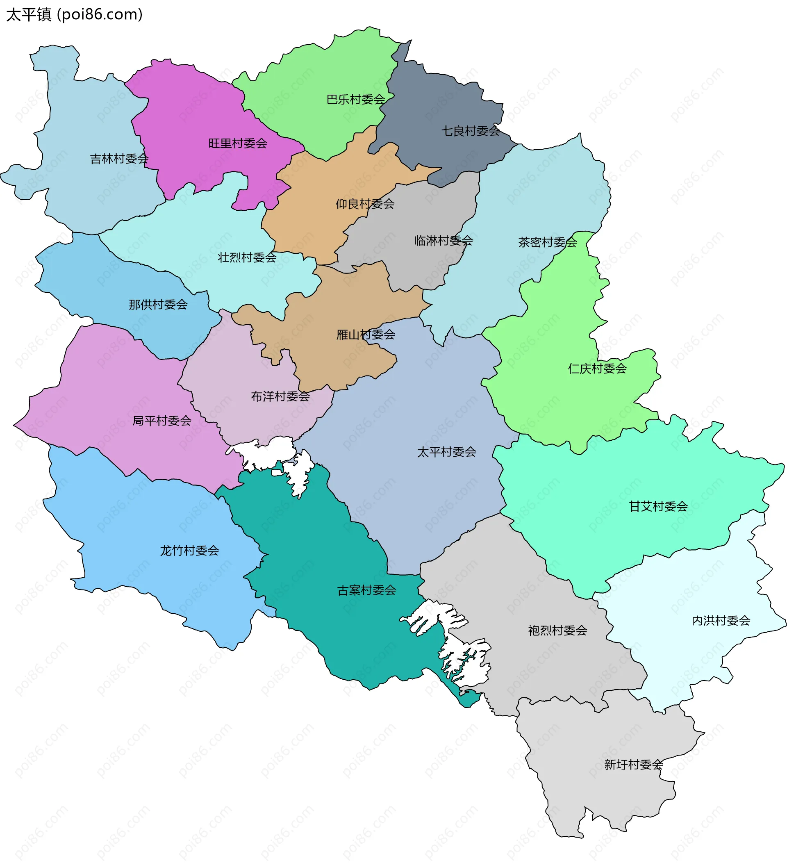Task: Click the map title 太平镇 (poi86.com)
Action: pos(74,15)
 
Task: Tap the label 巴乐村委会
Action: pos(356,100)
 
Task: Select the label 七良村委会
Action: pos(471,131)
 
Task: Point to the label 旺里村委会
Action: pos(238,143)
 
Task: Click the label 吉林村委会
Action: pos(119,159)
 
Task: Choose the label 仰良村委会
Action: pos(365,204)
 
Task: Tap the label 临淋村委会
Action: pos(444,241)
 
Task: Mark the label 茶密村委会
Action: pos(548,242)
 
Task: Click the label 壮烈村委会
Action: pos(247,257)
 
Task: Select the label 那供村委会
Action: pos(158,305)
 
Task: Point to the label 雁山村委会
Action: pos(366,335)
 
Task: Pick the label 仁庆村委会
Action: pos(597,369)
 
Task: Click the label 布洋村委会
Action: pos(280,396)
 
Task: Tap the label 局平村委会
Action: pos(162,421)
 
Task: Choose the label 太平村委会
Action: pos(447,452)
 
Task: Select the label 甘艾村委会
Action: pos(658,507)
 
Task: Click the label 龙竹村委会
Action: pos(190,551)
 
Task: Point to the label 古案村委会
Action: pos(367,590)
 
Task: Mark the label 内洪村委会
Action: pos(721,621)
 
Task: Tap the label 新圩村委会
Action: pos(634,765)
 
